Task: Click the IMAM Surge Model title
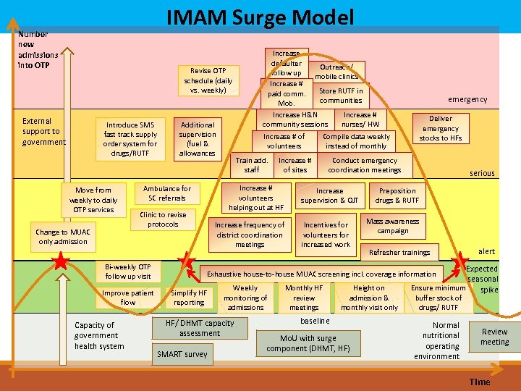pos(260,17)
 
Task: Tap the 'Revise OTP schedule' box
pos(208,80)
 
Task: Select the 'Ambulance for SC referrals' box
pos(167,193)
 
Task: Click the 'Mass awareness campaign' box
pos(392,226)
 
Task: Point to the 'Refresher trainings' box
pos(399,253)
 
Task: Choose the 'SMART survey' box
pos(182,354)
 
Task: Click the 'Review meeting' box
pos(494,337)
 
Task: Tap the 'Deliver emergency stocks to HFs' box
pos(440,128)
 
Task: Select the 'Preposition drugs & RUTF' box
pos(397,195)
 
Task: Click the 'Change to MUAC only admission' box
pos(63,237)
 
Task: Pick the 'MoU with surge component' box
pos(308,343)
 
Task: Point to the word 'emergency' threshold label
pos(467,99)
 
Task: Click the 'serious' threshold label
pos(482,173)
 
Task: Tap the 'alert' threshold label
pos(486,251)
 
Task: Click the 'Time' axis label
pos(479,382)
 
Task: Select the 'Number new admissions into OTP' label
pos(38,49)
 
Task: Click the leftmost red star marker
pos(62,261)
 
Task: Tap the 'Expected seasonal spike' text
pos(482,279)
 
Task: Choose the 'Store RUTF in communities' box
pos(341,96)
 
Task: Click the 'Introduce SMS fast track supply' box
pos(131,139)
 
